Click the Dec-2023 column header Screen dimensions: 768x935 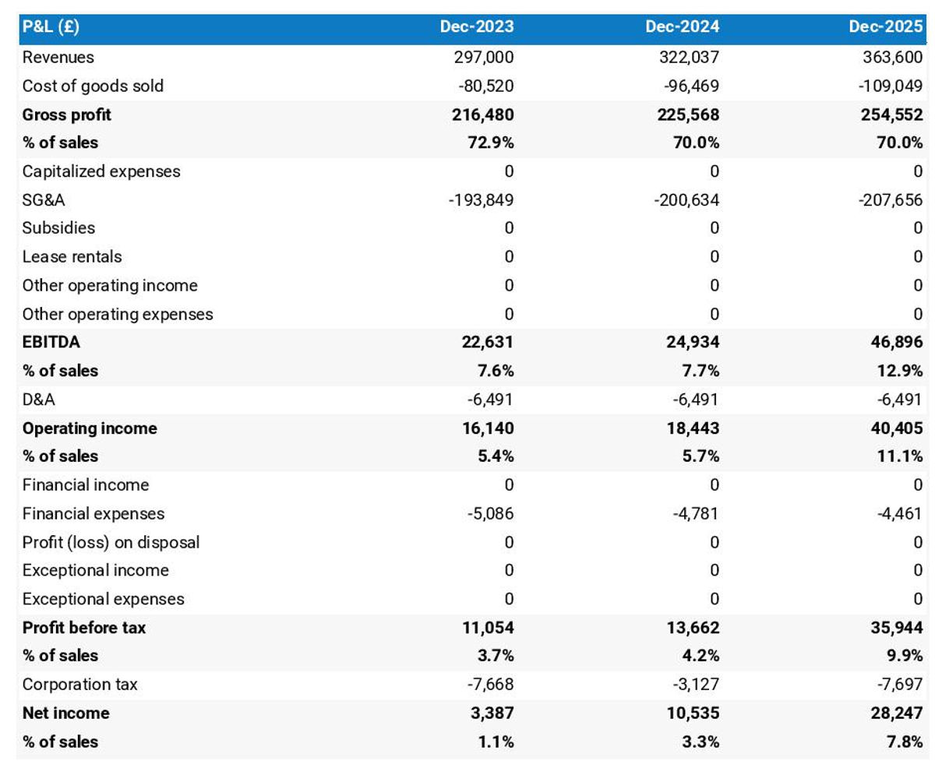476,27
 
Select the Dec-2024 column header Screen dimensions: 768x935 682,27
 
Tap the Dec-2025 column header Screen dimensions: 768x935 886,27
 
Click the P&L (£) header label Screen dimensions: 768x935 51,27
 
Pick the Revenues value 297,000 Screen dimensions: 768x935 483,57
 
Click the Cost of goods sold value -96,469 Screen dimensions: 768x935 687,86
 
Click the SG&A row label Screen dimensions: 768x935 44,200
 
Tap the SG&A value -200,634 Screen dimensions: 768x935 686,200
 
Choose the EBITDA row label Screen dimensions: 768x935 51,342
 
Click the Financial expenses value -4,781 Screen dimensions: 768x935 695,514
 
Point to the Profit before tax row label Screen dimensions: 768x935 83,628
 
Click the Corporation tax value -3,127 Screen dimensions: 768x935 695,685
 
